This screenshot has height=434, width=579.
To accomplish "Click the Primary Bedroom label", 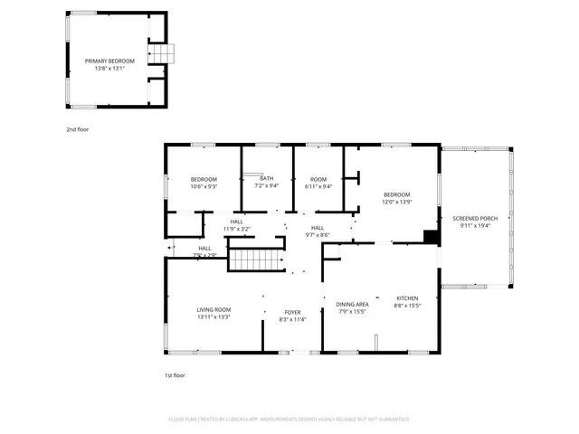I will pyautogui.click(x=105, y=61).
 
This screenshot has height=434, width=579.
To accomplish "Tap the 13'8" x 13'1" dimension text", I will pyautogui.click(x=105, y=68).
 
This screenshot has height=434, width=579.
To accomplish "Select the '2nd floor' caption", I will pyautogui.click(x=77, y=129).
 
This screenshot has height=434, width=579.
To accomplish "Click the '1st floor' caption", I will pyautogui.click(x=175, y=374).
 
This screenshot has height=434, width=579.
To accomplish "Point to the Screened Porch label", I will pyautogui.click(x=475, y=219).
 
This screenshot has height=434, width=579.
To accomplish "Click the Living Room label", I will pyautogui.click(x=214, y=309).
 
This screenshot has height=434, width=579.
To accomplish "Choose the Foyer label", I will pyautogui.click(x=292, y=312).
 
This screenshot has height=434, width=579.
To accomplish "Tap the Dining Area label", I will pyautogui.click(x=352, y=304).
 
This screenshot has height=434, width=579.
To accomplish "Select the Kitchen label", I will pyautogui.click(x=407, y=297).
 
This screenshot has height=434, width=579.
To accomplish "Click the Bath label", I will pyautogui.click(x=267, y=178).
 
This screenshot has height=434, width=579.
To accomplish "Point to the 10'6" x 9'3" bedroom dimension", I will pyautogui.click(x=204, y=187).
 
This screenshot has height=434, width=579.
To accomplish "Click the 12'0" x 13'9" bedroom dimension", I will pyautogui.click(x=396, y=202).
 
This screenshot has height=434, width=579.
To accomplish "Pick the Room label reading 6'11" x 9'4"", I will pyautogui.click(x=318, y=186).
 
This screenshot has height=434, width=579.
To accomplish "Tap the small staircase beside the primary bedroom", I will pyautogui.click(x=162, y=54).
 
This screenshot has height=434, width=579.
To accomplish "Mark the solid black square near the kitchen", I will pyautogui.click(x=432, y=238).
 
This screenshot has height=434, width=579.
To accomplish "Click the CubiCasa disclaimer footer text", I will pyautogui.click(x=289, y=420).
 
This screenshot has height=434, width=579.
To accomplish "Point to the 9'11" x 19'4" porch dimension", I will pyautogui.click(x=475, y=226).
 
